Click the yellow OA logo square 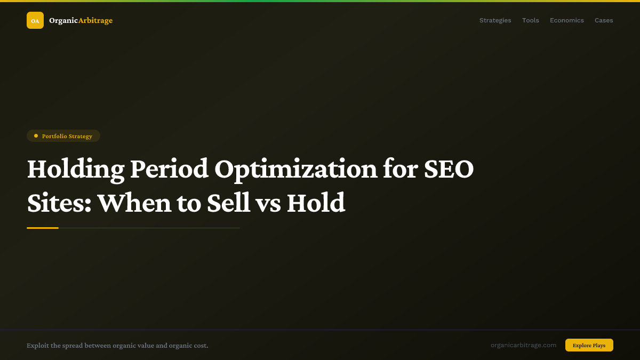point(35,20)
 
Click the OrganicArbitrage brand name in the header point(81,20)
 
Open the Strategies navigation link point(495,20)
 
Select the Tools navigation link point(530,20)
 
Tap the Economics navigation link point(566,20)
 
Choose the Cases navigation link point(604,20)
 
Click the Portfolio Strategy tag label point(67,136)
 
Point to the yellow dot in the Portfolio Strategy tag point(36,136)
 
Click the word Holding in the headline point(75,169)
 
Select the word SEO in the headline point(449,169)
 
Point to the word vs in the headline point(269,203)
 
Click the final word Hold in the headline point(316,203)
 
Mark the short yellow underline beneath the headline point(43,228)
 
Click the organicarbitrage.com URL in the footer point(523,345)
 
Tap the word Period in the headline point(169,169)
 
